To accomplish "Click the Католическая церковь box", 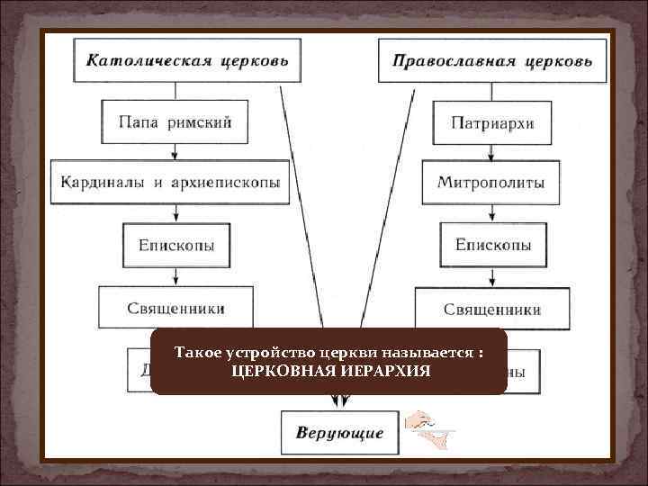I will tap(186, 61).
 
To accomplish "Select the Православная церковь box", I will tap(492, 61).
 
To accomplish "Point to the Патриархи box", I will tap(492, 122).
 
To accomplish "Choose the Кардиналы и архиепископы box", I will tap(171, 183).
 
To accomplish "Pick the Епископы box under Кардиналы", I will tap(176, 244).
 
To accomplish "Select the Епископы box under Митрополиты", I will tap(492, 244).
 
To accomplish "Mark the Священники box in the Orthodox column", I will tap(492, 308).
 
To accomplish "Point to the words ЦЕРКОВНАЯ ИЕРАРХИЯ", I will tap(330, 371).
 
